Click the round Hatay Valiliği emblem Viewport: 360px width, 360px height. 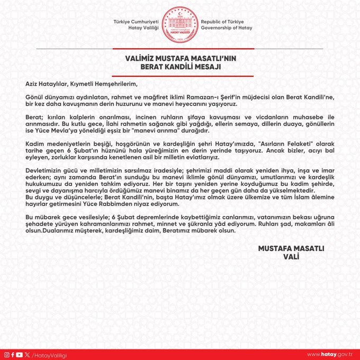[x=180, y=24]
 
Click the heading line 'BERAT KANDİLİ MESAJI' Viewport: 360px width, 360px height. [x=180, y=68]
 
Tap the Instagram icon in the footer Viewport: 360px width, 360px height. [x=6, y=354]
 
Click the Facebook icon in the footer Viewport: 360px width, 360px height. [x=13, y=354]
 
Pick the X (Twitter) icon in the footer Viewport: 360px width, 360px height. [x=27, y=354]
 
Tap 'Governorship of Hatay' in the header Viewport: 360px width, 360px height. [x=227, y=28]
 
